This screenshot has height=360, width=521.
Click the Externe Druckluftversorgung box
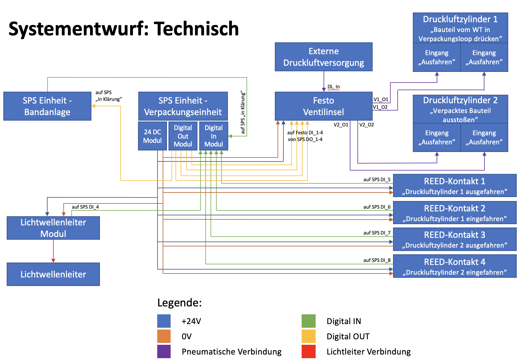click(323, 57)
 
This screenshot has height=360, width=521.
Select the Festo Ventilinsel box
click(323, 106)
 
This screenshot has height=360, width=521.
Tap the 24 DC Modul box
click(152, 136)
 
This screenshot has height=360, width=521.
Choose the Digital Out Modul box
click(183, 136)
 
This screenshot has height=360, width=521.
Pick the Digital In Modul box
click(214, 136)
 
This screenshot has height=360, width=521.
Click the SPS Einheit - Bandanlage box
click(47, 106)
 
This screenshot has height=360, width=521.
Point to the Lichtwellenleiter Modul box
click(53, 228)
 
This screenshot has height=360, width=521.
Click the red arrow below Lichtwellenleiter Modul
click(53, 251)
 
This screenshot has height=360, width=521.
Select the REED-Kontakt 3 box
click(455, 239)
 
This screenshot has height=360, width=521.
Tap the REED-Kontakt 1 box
click(455, 185)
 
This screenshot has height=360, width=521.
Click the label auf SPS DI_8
click(377, 260)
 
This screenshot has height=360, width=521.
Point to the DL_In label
click(334, 87)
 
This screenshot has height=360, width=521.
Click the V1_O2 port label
click(380, 107)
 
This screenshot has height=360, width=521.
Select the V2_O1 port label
click(341, 125)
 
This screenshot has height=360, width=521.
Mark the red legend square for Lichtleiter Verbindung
click(308, 351)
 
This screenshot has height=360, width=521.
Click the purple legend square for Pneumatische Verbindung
click(164, 351)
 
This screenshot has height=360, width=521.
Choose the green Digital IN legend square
click(308, 321)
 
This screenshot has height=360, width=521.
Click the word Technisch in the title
click(196, 29)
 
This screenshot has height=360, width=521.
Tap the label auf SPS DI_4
click(85, 207)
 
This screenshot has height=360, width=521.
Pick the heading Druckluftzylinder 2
click(460, 100)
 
